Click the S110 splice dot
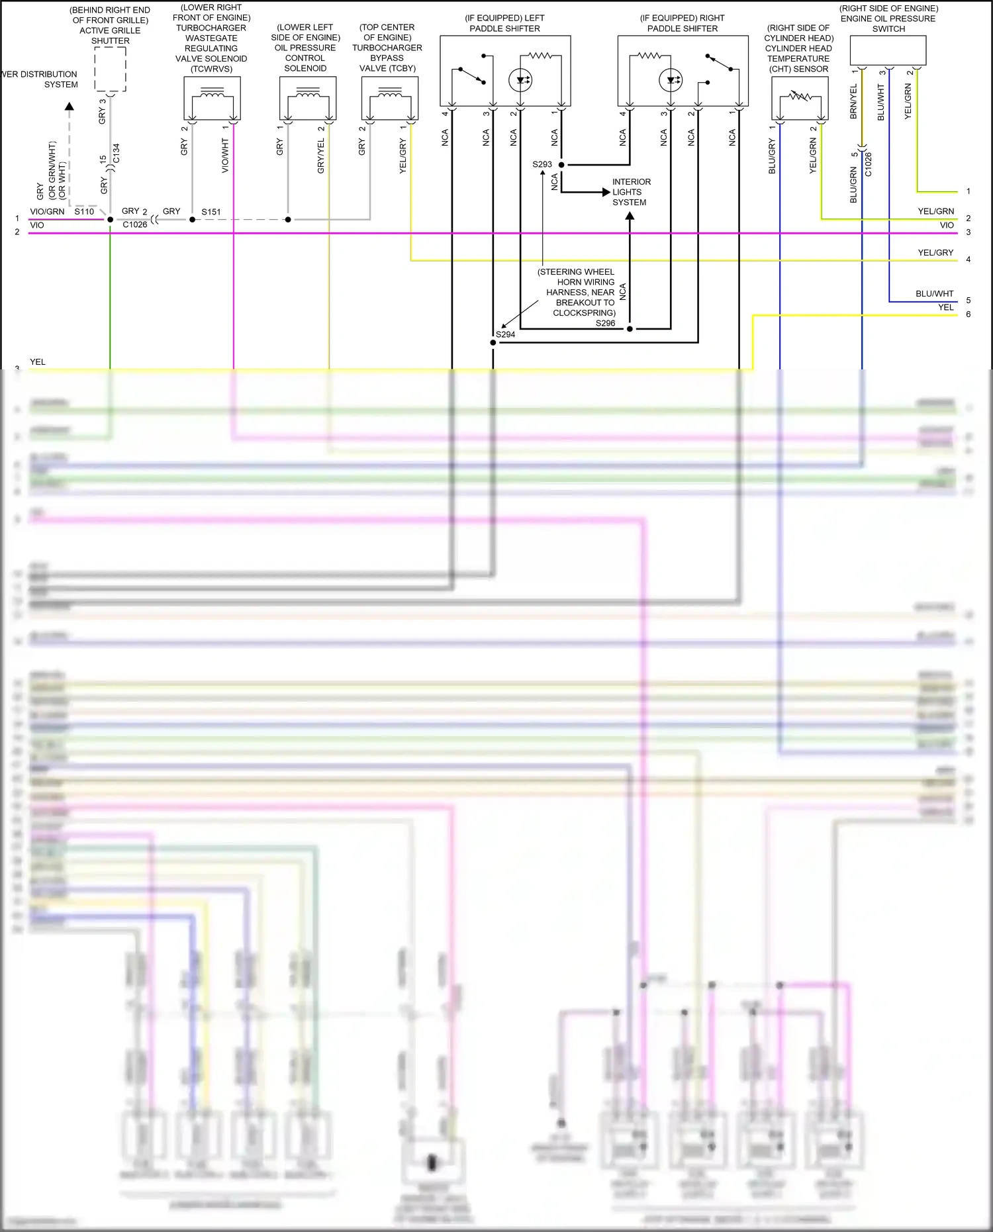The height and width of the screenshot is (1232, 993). (x=110, y=219)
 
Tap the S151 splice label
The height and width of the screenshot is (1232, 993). (x=211, y=212)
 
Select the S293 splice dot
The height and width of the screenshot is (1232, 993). (x=561, y=165)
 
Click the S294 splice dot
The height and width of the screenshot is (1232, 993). (x=493, y=342)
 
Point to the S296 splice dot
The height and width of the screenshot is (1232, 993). (x=630, y=328)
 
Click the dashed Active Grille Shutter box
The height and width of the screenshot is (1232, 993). (x=110, y=70)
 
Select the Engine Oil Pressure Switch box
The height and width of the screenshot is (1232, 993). (x=888, y=50)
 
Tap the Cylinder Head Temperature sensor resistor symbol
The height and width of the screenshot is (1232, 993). (x=800, y=97)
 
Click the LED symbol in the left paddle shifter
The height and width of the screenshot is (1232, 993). (x=520, y=80)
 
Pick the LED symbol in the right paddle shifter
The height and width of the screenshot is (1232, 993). (x=671, y=80)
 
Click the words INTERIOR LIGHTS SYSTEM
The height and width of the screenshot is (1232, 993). (x=631, y=192)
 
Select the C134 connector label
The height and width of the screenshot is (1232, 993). (x=117, y=153)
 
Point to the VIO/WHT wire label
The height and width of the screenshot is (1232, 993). (x=225, y=156)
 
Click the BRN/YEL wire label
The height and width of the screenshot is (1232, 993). (x=853, y=101)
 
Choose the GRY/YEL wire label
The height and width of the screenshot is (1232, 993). (x=321, y=156)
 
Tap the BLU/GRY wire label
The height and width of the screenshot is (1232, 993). (x=772, y=156)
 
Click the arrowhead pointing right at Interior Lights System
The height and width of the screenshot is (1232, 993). (x=606, y=193)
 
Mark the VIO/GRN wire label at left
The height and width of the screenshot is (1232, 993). (x=47, y=212)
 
